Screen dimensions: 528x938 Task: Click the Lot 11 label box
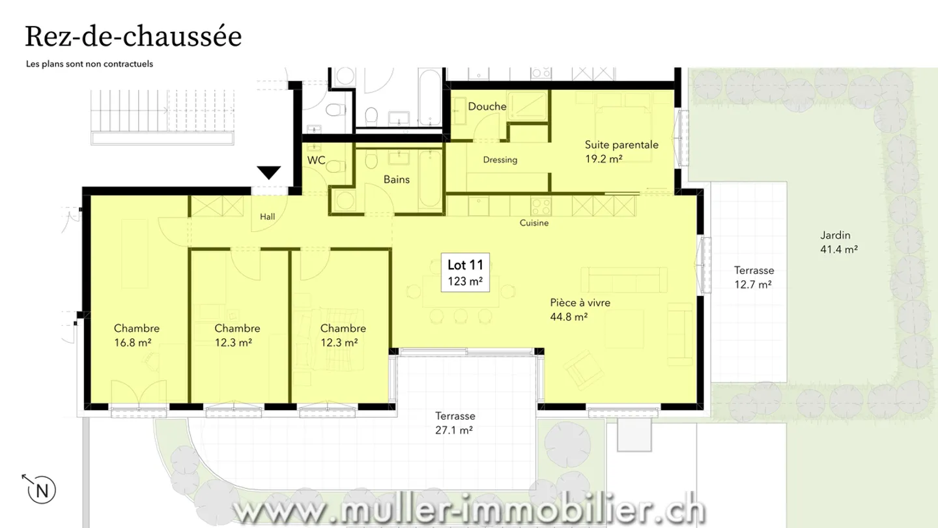465,272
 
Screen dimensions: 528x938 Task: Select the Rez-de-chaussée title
133,37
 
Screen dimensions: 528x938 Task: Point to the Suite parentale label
621,151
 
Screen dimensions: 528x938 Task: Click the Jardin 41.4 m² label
838,242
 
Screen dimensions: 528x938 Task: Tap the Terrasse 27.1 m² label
455,422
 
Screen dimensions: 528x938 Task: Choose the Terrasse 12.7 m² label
754,276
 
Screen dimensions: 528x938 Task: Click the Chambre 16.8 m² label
136,334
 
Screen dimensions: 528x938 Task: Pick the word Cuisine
533,223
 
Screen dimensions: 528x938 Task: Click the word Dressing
500,160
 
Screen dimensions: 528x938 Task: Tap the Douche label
487,106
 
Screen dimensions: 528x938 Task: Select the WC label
316,160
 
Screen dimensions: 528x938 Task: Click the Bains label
396,179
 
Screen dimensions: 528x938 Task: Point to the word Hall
267,217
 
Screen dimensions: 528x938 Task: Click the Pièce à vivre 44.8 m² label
580,310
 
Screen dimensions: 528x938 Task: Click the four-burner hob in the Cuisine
541,206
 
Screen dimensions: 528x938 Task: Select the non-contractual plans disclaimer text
89,64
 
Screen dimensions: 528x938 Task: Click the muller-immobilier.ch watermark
469,510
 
